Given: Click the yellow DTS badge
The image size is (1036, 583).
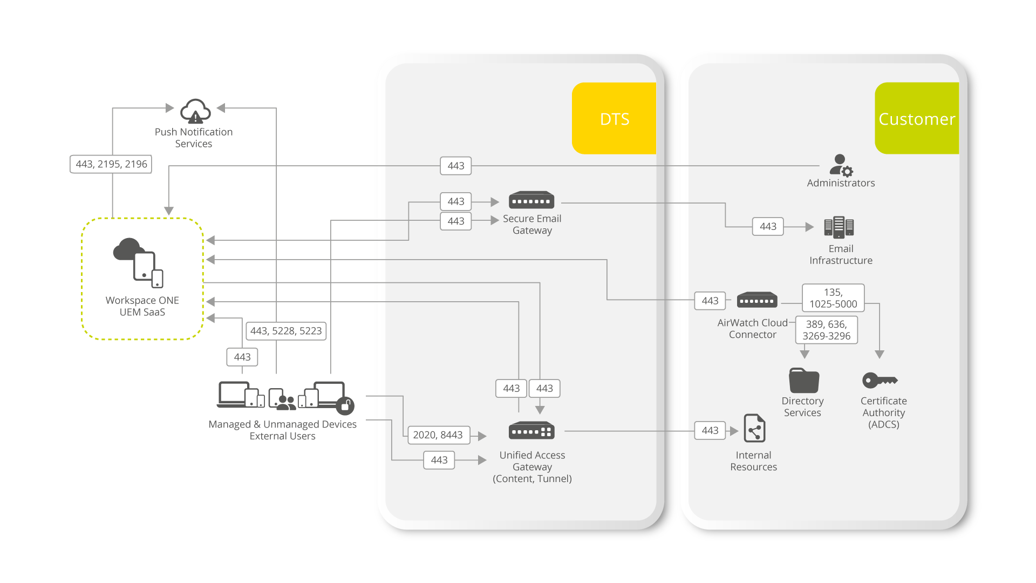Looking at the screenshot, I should [x=614, y=118].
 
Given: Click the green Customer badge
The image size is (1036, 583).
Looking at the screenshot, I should [x=917, y=118].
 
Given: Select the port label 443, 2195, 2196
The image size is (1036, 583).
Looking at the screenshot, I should [x=111, y=164].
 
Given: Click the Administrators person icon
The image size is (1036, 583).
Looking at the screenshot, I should [x=841, y=165].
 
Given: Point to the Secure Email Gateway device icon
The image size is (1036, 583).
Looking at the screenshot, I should [x=531, y=200].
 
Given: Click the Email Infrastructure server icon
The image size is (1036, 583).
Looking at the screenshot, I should [x=839, y=227].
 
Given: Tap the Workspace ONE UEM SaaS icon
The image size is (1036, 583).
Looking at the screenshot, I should [x=139, y=262].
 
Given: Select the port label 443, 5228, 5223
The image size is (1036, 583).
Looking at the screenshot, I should [x=286, y=331].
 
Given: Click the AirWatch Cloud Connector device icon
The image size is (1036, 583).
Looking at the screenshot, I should [x=757, y=300].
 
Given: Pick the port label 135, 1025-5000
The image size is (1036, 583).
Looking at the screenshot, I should [x=833, y=298].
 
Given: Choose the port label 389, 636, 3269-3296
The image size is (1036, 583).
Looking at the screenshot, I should [x=826, y=330].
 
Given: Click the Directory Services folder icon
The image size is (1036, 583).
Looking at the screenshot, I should [x=804, y=380].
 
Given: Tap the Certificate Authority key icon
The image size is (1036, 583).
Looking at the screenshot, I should [x=880, y=380].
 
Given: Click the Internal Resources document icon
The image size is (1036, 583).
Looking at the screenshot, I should [x=754, y=429].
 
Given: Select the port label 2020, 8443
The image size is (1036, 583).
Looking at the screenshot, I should [x=438, y=435].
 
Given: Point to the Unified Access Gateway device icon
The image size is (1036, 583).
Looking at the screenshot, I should [x=531, y=431].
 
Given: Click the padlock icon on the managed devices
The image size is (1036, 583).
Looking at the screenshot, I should [x=345, y=405].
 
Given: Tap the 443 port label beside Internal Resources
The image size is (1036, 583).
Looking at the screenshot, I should [x=710, y=430].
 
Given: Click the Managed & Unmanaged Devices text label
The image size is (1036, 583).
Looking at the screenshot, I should [x=282, y=424].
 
